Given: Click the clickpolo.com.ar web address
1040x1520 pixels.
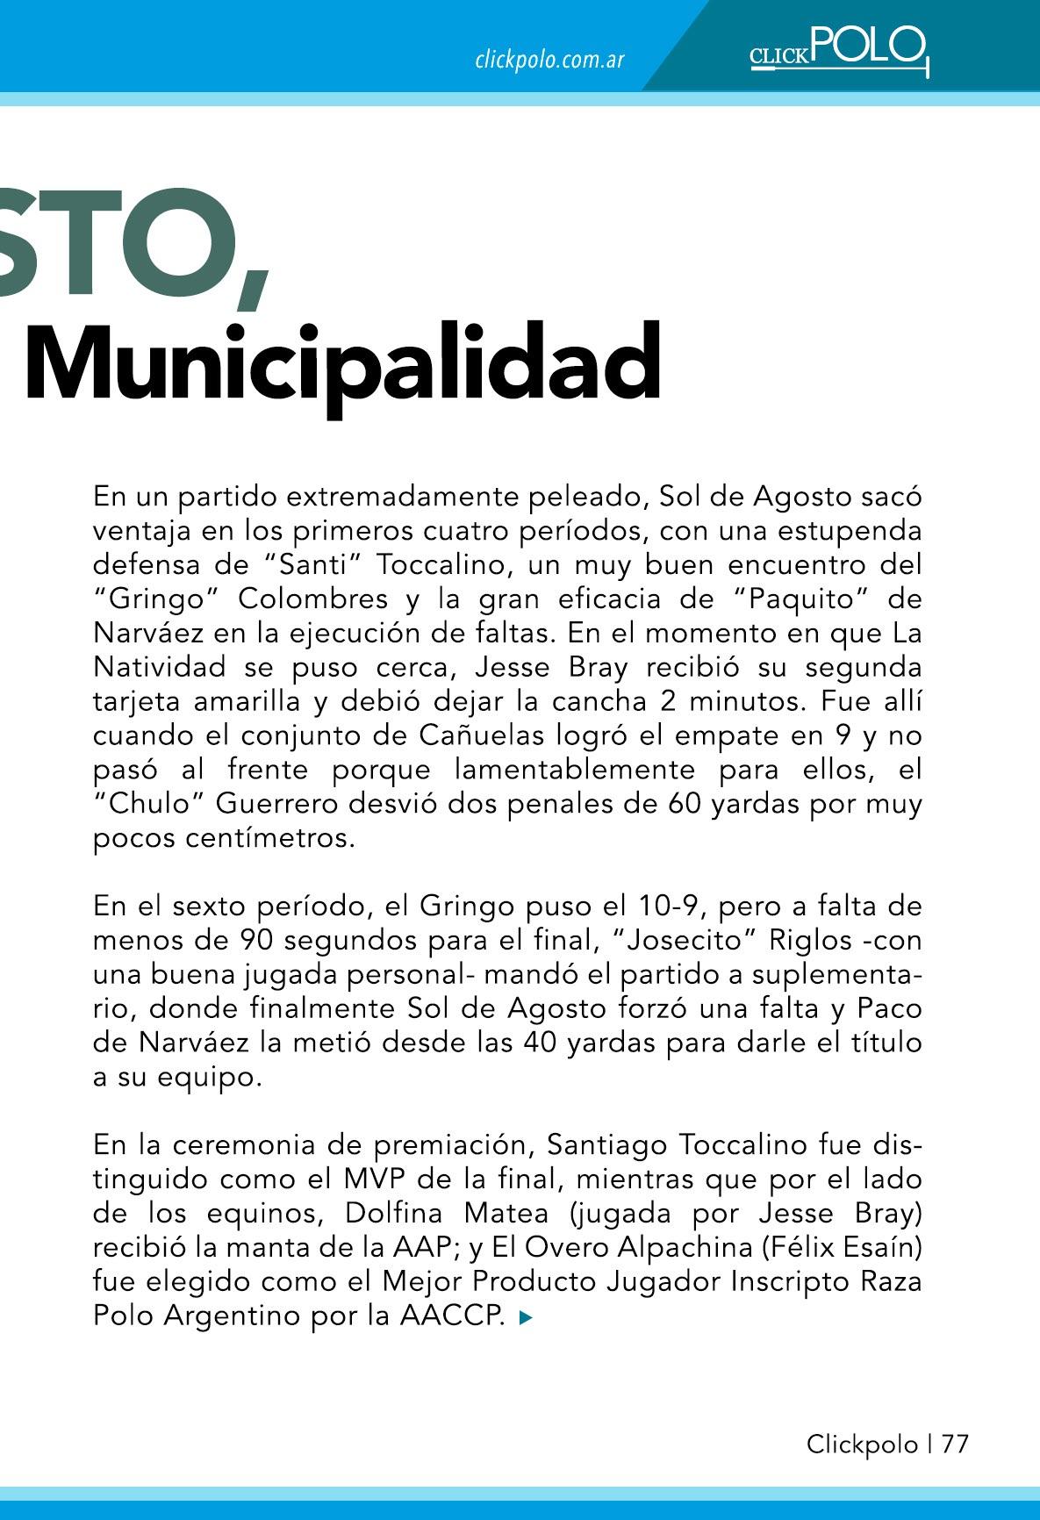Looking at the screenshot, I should click(549, 60).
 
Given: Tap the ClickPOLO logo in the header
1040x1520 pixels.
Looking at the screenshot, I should click(838, 49).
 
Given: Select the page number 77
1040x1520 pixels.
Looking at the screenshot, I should click(955, 1444).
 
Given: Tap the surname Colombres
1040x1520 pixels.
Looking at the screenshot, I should click(312, 599).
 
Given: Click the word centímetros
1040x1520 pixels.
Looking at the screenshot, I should click(270, 838).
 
